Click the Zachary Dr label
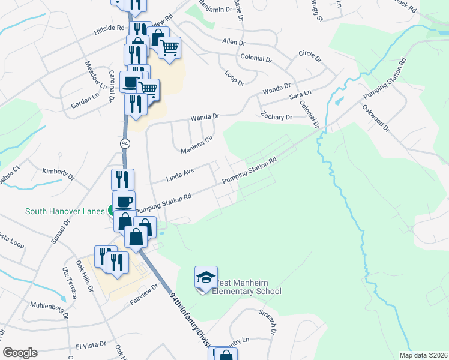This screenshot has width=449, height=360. click(276, 116)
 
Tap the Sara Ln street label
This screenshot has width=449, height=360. click(301, 94)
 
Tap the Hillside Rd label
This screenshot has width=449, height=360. click(108, 30)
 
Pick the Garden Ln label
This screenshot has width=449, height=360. click(85, 101)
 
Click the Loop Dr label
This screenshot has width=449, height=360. click(234, 77)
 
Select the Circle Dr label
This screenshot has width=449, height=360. click(310, 58)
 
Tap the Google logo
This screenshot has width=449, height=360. click(20, 353)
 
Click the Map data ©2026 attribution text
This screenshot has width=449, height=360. click(423, 355)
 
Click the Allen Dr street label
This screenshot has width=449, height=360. click(234, 43)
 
